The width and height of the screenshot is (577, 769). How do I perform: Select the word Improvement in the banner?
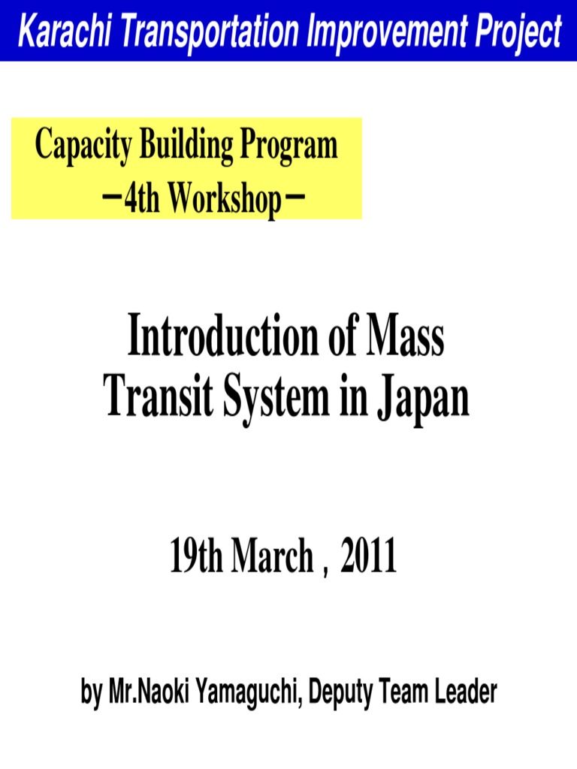(x=381, y=32)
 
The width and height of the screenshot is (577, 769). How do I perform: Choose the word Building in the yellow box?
(x=183, y=145)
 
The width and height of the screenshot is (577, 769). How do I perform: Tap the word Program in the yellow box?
(x=288, y=146)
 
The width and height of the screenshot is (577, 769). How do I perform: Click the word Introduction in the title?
(x=225, y=339)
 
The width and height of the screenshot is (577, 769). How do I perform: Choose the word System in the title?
(x=271, y=399)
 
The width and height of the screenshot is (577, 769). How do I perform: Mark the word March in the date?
(x=272, y=558)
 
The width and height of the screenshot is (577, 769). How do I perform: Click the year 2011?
(x=367, y=558)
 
